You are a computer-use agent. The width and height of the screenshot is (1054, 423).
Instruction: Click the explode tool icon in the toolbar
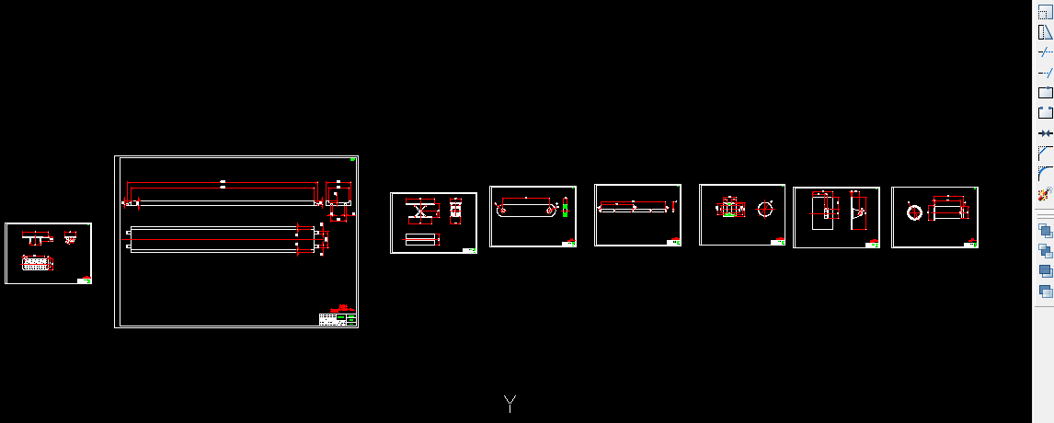click(1045, 194)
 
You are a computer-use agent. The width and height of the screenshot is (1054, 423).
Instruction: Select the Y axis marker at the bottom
click(510, 403)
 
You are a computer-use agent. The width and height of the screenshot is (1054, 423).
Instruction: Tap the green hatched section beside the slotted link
click(565, 210)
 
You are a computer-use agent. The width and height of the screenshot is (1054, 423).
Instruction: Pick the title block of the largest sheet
click(338, 318)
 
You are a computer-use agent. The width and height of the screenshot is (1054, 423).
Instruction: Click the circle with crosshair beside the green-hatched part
click(765, 210)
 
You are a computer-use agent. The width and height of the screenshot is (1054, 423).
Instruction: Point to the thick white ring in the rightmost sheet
click(915, 213)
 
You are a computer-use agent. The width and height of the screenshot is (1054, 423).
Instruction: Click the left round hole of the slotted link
click(503, 210)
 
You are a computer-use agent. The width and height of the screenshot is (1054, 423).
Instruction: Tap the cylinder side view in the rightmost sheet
click(948, 213)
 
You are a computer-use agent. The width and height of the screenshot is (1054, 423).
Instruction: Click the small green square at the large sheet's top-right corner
click(353, 160)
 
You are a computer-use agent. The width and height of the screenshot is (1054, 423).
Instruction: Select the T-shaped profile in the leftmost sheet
click(36, 238)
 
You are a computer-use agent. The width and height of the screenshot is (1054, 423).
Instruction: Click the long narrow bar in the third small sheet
click(634, 210)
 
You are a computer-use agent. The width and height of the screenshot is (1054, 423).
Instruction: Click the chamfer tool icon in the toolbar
click(1045, 153)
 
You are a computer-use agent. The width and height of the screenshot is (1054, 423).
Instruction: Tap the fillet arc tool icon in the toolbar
click(1045, 173)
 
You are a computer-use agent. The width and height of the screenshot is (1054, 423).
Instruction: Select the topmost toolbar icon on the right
click(1045, 12)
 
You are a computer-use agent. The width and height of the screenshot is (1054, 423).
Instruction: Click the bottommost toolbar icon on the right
click(1045, 292)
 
